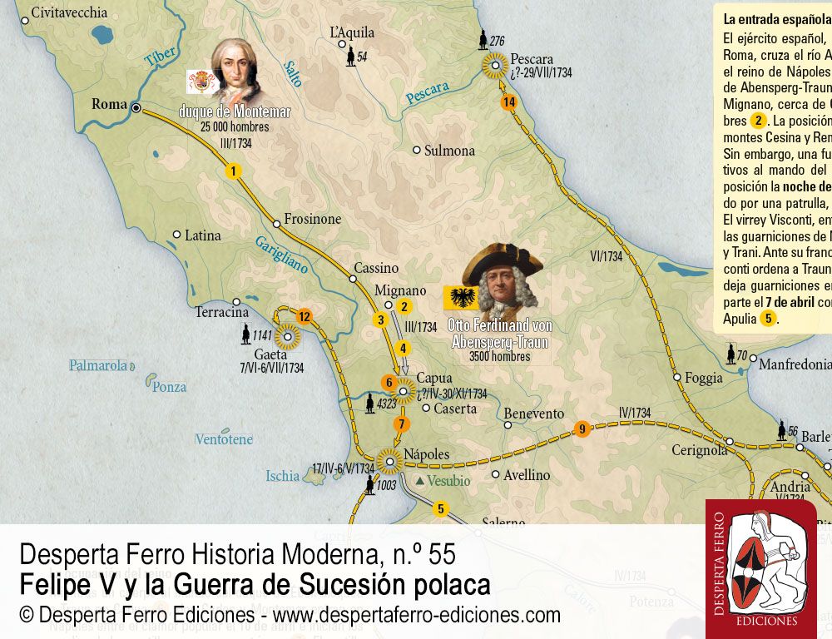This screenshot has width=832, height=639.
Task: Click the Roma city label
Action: click(x=109, y=105)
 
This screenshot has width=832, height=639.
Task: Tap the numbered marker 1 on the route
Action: click(x=235, y=171)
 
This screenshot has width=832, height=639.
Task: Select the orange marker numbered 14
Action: click(x=509, y=102)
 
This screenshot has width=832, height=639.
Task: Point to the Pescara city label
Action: click(x=532, y=59)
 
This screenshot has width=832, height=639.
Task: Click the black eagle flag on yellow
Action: click(x=460, y=297)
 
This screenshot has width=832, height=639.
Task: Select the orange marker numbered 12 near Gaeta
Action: click(x=304, y=316)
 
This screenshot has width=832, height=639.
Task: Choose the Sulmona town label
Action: click(x=449, y=151)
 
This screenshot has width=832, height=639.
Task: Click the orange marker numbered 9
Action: click(x=582, y=429)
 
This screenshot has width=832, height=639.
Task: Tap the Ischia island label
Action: click(x=282, y=476)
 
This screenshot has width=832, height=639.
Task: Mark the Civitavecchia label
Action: click(x=68, y=12)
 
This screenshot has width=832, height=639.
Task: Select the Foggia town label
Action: click(x=703, y=378)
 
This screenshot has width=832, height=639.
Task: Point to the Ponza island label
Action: click(x=170, y=387)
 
